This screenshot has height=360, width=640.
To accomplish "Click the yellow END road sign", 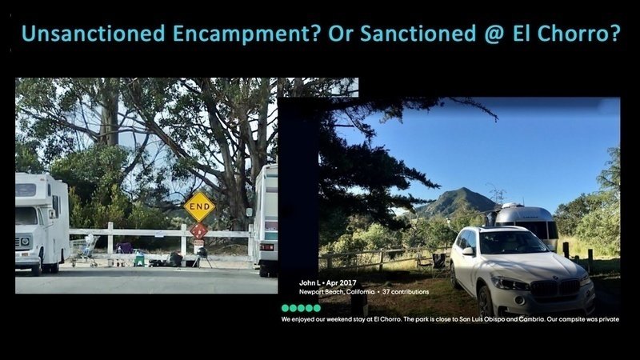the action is tap(199, 207).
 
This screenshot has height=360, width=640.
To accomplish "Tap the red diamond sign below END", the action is tap(198, 230).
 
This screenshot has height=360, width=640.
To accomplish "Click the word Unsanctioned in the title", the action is tap(93, 34).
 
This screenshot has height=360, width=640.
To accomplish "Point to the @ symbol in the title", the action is tap(494, 34).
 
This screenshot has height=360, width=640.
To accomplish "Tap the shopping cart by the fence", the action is tap(86, 250).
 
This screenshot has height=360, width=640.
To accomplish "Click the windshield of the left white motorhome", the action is tap(26, 216).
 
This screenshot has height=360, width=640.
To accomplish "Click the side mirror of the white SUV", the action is tap(467, 250).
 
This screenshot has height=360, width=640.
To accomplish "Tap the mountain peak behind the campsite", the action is tap(463, 190).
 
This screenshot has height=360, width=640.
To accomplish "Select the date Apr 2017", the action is tap(342, 282).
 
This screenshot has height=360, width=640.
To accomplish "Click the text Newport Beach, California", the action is tap(337, 292).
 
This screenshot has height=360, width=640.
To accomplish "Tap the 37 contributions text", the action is tap(406, 292).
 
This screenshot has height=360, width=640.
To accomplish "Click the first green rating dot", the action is tap(286, 308).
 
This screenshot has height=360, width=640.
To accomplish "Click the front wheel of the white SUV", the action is tap(486, 302).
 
